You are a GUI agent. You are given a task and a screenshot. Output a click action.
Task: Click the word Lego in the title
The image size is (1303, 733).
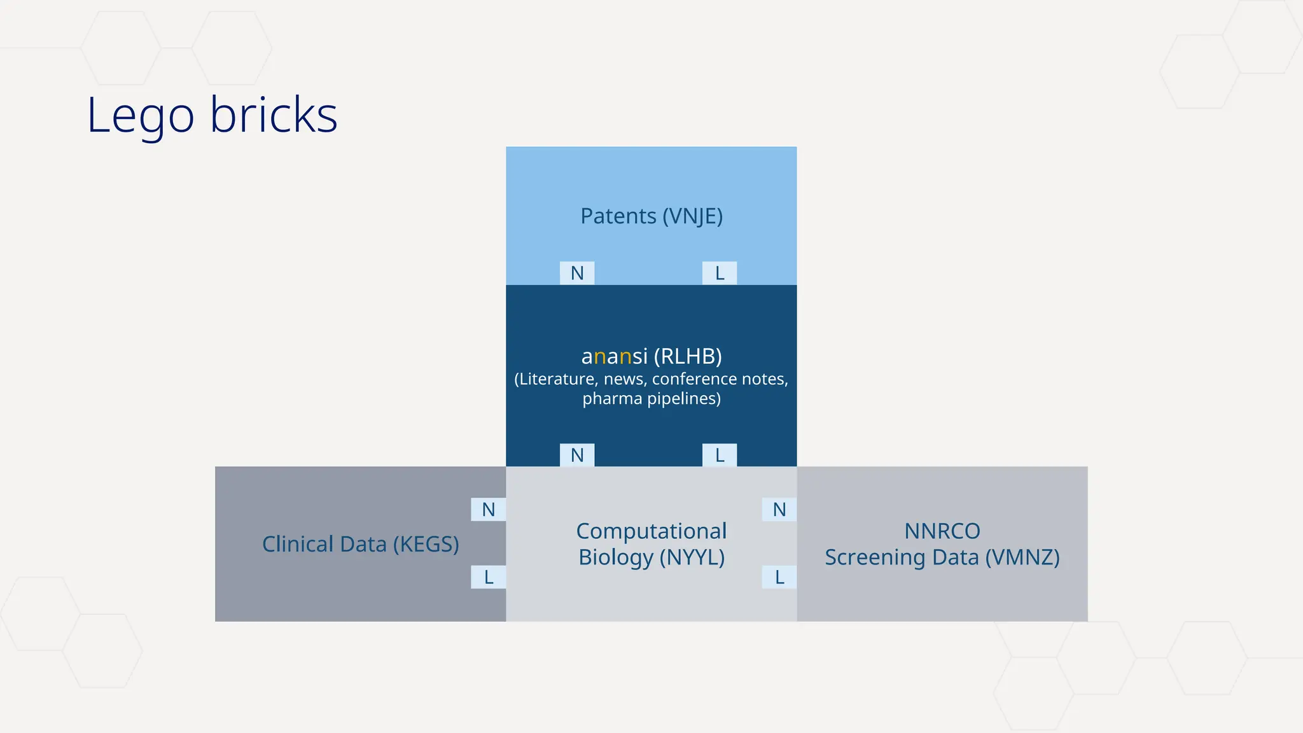(141, 116)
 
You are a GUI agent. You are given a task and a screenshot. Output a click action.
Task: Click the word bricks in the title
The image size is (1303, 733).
(274, 115)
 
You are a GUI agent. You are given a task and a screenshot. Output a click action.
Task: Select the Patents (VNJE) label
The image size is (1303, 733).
(651, 216)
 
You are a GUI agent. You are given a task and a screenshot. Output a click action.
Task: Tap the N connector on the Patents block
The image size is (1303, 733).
(577, 273)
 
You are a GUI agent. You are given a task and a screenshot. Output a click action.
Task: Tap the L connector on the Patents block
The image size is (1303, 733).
(720, 273)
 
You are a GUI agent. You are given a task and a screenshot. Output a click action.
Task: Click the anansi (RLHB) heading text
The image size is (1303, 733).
(651, 356)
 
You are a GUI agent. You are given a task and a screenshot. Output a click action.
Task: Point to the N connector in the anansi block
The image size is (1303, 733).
(577, 455)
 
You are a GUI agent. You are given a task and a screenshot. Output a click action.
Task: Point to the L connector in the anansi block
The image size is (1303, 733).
(720, 455)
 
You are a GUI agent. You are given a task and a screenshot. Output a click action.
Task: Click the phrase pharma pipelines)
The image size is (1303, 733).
(651, 399)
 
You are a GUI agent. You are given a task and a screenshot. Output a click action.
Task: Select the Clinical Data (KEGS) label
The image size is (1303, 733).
(361, 545)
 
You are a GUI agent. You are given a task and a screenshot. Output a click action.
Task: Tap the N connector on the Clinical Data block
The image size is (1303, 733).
(488, 510)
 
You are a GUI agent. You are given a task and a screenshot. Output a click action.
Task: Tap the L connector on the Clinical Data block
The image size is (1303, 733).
(488, 577)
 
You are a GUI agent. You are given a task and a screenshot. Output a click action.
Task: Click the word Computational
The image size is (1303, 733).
(651, 531)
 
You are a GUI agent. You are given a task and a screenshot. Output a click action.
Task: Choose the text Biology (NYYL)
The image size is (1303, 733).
(651, 557)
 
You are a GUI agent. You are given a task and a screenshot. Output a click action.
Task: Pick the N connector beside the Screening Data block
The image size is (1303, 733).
(779, 510)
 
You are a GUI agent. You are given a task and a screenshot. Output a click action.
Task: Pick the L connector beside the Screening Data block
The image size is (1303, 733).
(779, 577)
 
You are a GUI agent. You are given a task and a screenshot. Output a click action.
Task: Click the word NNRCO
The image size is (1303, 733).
(942, 531)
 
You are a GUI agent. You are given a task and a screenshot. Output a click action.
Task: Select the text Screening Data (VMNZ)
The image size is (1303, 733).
(942, 557)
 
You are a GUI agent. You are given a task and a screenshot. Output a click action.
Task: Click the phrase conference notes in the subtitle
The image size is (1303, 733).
(719, 379)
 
